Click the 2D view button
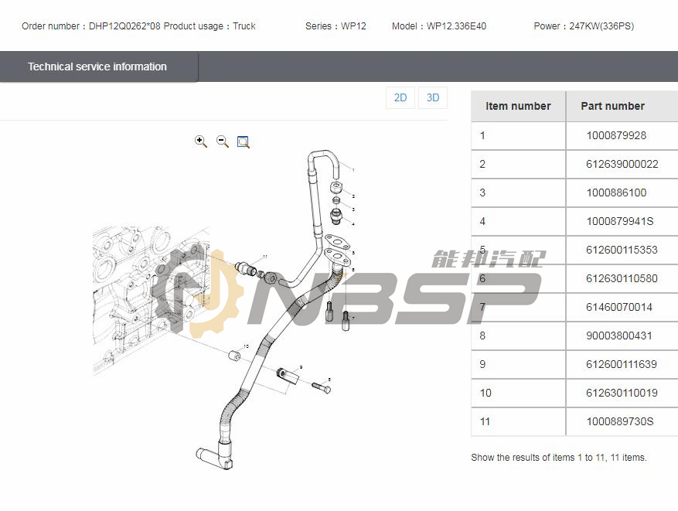coord(400,98)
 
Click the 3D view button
coord(433,98)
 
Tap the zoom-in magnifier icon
coord(201,141)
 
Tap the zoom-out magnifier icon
coord(223,141)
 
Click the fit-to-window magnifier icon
coord(244,141)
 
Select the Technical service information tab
coord(97,66)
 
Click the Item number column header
coord(518,106)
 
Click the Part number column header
coord(612,106)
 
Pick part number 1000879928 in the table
coord(616,135)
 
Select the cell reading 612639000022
coord(622,164)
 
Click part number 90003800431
coord(619,336)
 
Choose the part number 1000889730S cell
coord(620,421)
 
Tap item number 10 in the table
coord(486,393)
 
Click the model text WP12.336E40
coord(456,26)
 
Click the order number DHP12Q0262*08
coord(124,26)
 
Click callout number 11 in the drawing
coord(264,256)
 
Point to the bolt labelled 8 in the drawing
coord(322,387)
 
